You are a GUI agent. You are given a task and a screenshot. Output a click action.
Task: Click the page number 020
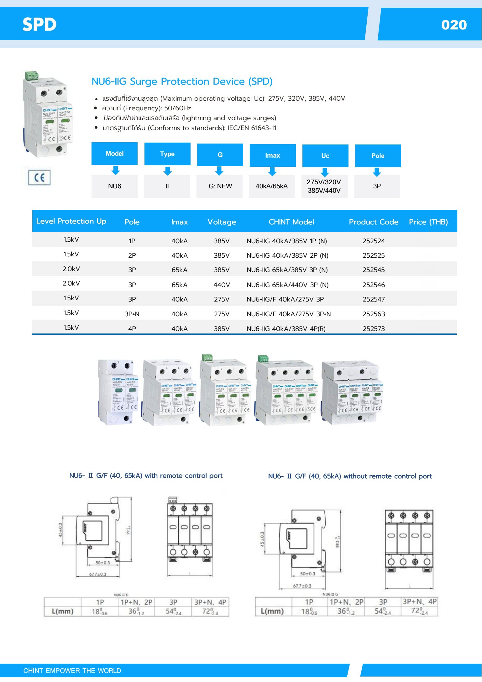(x=454, y=25)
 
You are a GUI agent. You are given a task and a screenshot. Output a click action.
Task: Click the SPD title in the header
(x=39, y=24)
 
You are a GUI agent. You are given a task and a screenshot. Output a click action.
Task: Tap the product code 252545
(x=374, y=270)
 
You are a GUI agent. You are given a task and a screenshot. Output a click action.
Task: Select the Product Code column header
(x=374, y=222)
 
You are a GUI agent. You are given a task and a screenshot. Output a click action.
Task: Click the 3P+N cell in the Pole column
(x=132, y=314)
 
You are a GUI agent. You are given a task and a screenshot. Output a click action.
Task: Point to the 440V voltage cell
(x=222, y=285)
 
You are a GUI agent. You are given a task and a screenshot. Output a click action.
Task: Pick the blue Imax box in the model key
(x=272, y=155)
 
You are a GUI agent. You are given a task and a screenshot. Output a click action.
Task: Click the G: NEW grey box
(x=220, y=186)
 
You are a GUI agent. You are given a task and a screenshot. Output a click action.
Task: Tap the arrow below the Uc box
(x=325, y=172)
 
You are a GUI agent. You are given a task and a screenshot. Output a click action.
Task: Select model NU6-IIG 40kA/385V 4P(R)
(x=286, y=329)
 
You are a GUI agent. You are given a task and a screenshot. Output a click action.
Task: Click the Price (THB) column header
(x=428, y=222)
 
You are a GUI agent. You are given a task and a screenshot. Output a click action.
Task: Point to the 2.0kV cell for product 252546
(x=71, y=283)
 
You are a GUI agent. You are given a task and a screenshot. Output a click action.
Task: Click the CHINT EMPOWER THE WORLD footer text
(x=72, y=670)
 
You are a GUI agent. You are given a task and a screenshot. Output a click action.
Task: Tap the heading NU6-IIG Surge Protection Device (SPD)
(x=182, y=81)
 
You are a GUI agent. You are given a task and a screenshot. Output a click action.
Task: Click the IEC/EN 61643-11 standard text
(x=252, y=128)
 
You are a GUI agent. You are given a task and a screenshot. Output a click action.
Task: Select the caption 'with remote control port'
(x=184, y=475)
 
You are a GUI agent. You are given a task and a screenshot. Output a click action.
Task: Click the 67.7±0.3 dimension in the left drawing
(x=97, y=574)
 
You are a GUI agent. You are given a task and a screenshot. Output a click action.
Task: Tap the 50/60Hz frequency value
(x=177, y=108)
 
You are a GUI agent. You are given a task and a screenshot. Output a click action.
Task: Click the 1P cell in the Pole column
(x=132, y=241)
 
